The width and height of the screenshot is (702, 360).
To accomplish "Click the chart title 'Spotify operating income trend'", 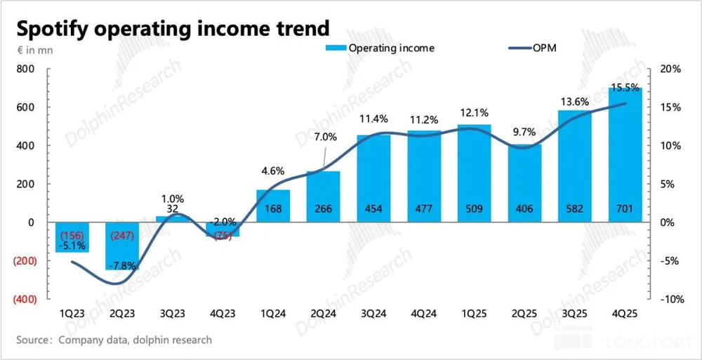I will pyautogui.click(x=173, y=29).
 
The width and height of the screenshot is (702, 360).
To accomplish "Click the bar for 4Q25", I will pyautogui.click(x=625, y=154).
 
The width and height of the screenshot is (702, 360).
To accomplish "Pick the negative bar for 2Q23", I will pyautogui.click(x=121, y=246).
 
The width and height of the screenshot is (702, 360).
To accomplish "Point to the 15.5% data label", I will pyautogui.click(x=625, y=88).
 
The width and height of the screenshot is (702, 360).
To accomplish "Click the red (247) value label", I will pyautogui.click(x=121, y=235).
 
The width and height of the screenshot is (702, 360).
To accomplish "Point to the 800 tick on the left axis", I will pyautogui.click(x=26, y=69).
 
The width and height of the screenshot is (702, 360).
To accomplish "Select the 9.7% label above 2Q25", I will pyautogui.click(x=524, y=131).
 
